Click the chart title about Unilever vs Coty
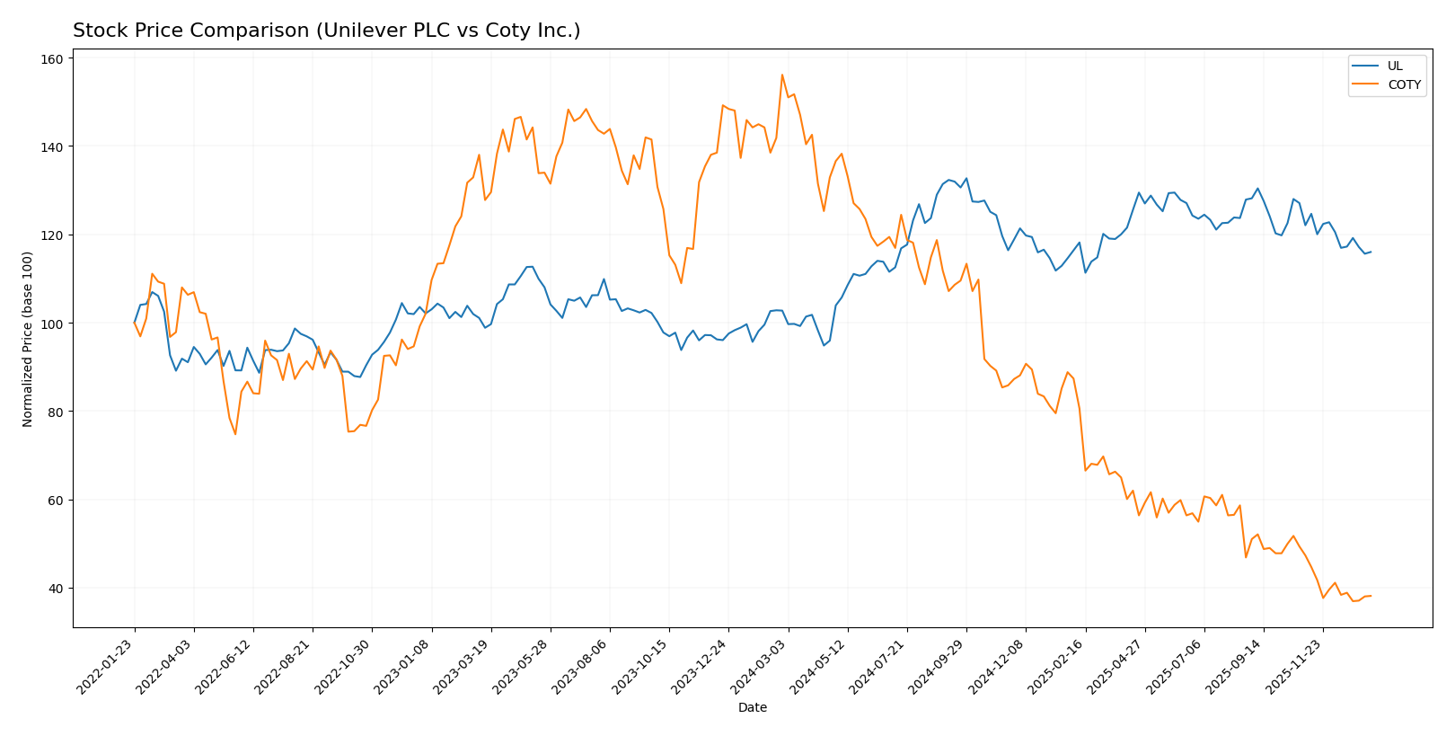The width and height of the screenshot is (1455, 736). click(326, 31)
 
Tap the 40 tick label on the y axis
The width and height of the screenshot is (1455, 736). click(56, 589)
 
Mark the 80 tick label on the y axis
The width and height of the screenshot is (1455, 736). click(56, 412)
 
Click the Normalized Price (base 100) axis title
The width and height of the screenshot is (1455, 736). click(28, 339)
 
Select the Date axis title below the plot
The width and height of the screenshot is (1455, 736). click(752, 707)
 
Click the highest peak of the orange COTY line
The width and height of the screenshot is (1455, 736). click(782, 75)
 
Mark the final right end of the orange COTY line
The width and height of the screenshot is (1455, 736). click(1371, 596)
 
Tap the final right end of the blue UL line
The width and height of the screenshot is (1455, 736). click(1371, 252)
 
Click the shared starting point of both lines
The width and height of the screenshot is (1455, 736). click(135, 324)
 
